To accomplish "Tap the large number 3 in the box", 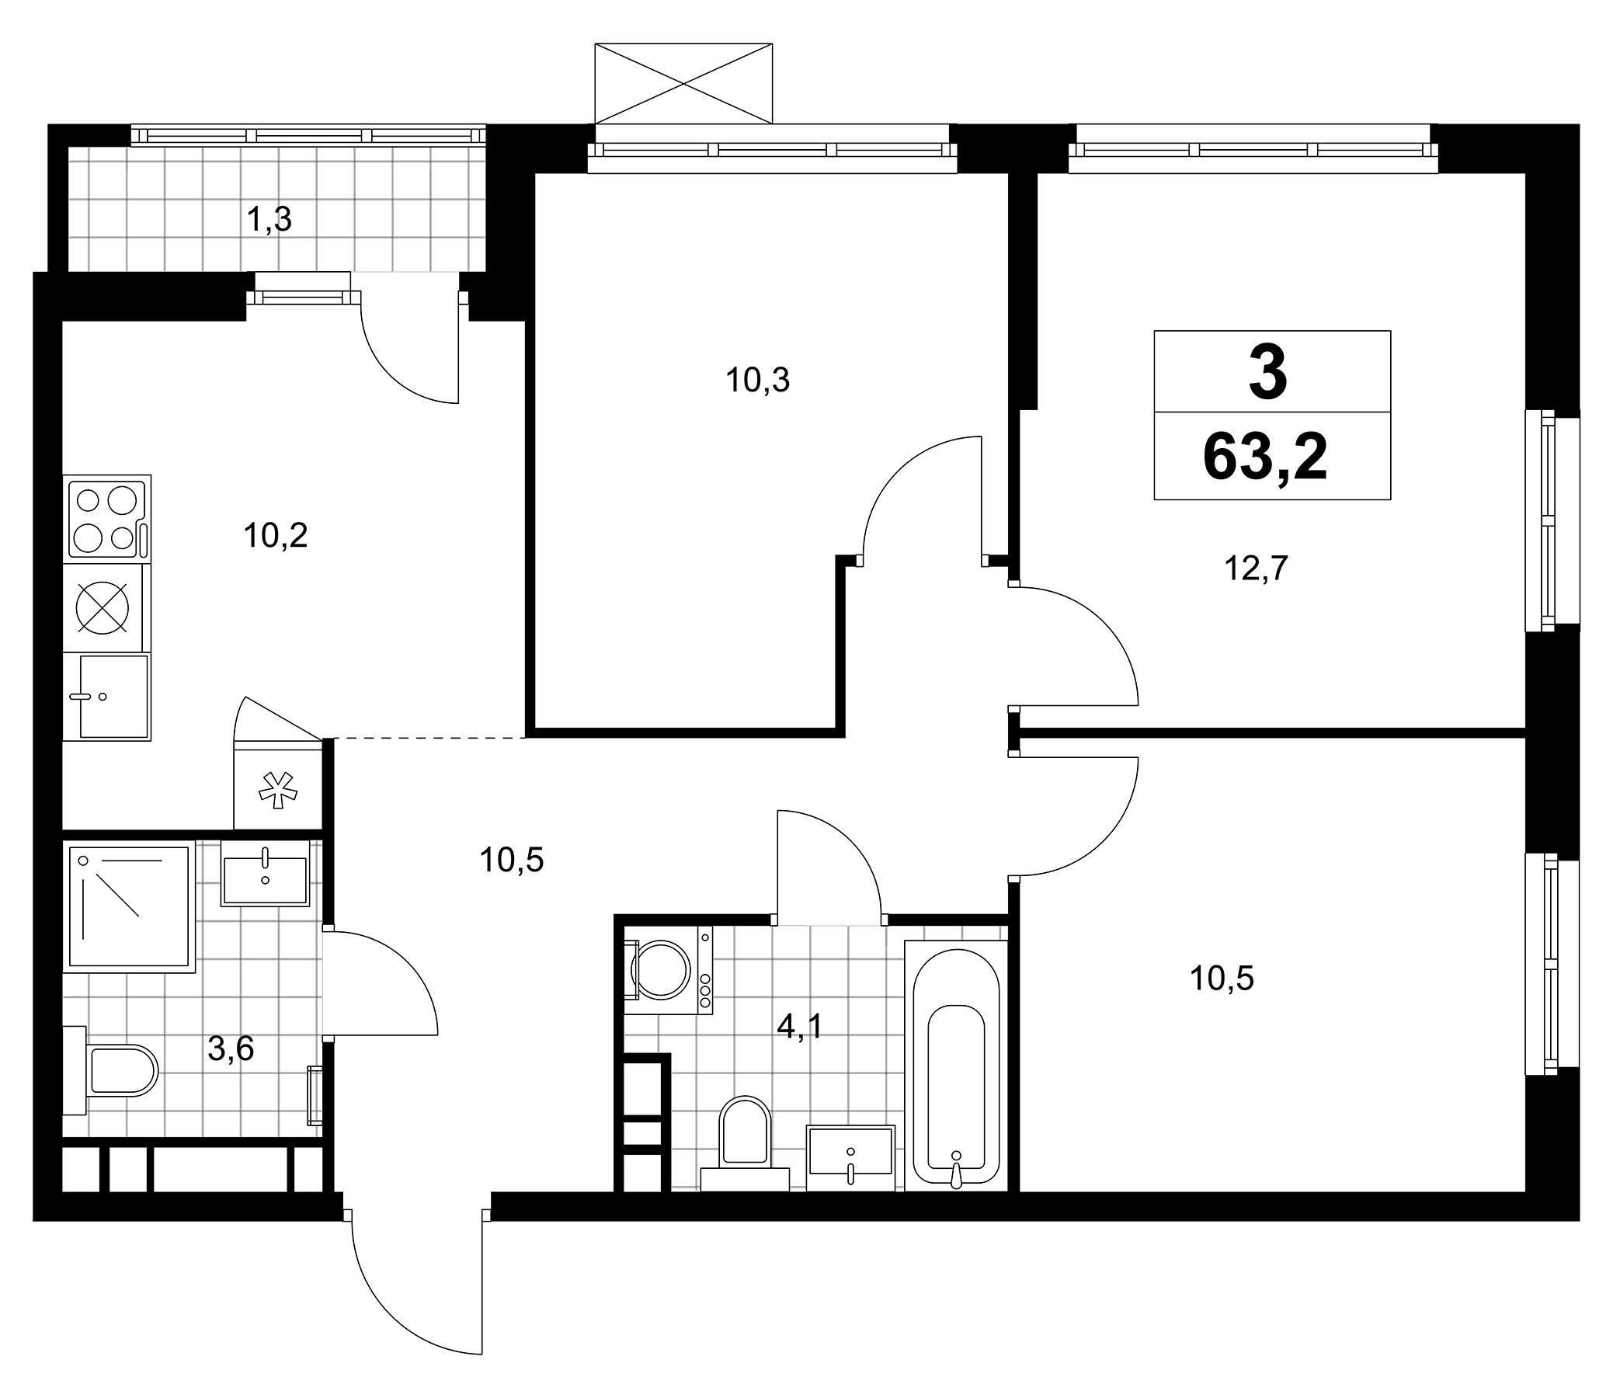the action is click(1268, 373).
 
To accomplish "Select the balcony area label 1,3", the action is click(269, 221).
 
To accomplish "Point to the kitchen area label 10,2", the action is click(275, 537).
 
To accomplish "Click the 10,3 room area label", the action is click(758, 381).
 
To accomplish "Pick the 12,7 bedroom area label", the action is click(1256, 569).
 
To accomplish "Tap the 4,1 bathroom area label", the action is click(800, 1027).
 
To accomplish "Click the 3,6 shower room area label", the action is click(231, 1048).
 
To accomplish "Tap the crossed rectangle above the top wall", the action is click(683, 84).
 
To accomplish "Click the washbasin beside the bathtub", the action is click(850, 1158).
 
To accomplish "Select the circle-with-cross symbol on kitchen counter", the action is click(103, 607).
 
